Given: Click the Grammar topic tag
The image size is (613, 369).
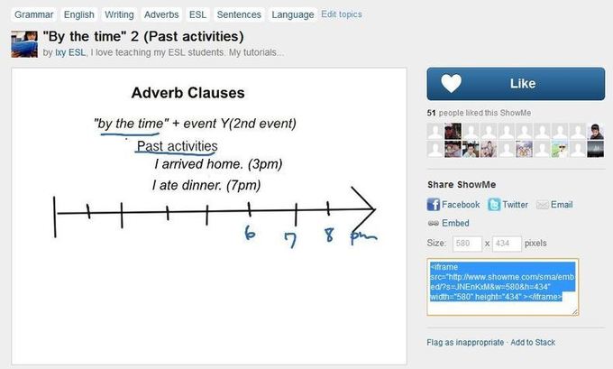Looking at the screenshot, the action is pos(33,14).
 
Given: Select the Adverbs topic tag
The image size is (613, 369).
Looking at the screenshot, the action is pos(161,14).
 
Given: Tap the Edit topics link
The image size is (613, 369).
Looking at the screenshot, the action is pos(342,14).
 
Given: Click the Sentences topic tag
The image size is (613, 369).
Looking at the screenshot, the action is pos(239,14).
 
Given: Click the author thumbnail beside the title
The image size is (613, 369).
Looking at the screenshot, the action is pos(24,44).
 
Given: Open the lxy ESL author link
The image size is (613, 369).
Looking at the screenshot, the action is pos(70,52).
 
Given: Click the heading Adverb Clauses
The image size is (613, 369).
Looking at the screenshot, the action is pos(188,93).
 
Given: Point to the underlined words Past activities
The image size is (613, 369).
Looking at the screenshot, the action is pos(177,146).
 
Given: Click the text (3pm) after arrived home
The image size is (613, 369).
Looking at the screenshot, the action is pos(265,164).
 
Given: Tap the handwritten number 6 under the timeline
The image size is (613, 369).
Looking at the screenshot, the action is pos(250,233).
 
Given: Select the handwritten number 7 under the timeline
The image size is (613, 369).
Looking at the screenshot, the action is pos(290,239).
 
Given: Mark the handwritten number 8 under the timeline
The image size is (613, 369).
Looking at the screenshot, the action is pos(330,235).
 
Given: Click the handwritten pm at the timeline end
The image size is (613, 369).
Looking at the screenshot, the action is pos(363,236).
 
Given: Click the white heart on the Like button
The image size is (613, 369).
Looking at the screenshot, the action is pos(451,83).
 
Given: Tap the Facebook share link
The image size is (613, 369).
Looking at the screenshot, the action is pos(453,205).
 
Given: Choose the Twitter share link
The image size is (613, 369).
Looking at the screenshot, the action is pos(508,205).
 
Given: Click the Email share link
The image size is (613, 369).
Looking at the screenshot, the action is pos(554,205).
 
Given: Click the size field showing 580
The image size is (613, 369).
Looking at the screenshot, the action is pos(467,244).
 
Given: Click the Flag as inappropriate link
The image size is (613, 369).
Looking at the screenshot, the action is pos(465,343).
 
